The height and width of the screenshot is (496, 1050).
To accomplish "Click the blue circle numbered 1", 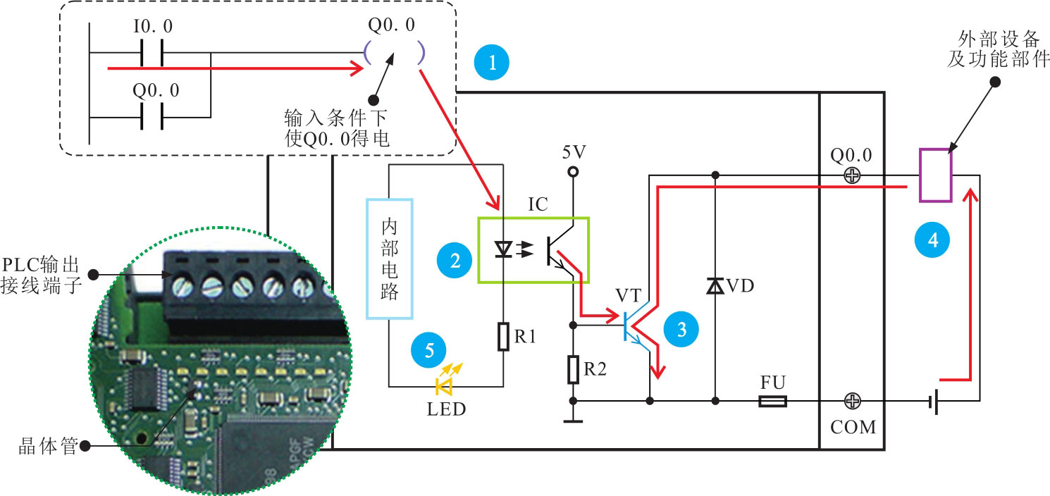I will click(x=493, y=62).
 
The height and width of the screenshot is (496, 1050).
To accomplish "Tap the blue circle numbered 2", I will click(x=455, y=261).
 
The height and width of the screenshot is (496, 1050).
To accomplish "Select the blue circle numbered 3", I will click(x=681, y=329).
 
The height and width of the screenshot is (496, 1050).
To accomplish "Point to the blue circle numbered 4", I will click(x=932, y=240).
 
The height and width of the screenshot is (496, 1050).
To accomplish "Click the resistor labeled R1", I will click(x=503, y=337).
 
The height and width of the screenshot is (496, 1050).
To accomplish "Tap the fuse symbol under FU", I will click(x=773, y=402).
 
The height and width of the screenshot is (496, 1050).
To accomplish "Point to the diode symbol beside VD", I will click(x=715, y=286).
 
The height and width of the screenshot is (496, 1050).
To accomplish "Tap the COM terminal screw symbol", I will click(x=853, y=402).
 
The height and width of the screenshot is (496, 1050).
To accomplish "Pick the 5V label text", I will click(x=574, y=152).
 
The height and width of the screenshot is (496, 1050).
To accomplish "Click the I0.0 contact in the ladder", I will click(x=152, y=53).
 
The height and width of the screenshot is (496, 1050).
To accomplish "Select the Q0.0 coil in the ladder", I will click(x=393, y=53).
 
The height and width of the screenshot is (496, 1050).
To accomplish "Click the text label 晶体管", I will click(x=48, y=446).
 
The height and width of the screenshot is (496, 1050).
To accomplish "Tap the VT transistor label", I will click(x=629, y=294).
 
